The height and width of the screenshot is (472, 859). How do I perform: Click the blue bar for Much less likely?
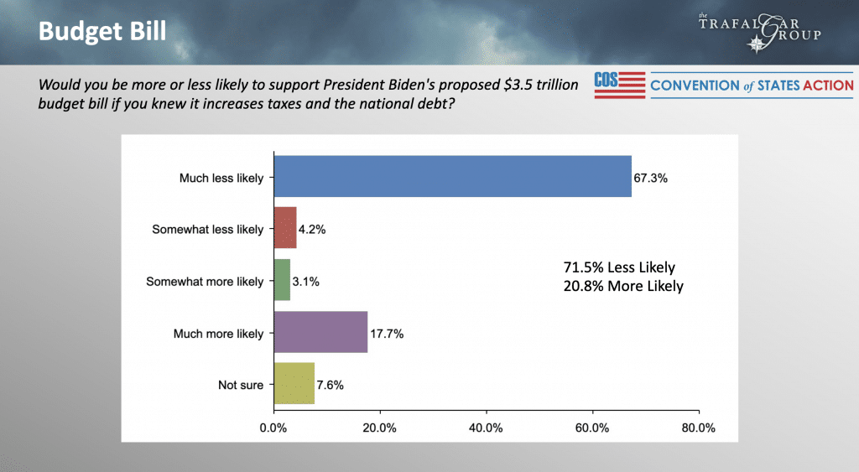pos(452,177)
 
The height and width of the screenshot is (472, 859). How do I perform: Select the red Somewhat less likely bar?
pos(285,229)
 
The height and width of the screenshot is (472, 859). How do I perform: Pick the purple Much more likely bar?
pos(320,333)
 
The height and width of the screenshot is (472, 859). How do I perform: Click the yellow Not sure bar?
pos(294,385)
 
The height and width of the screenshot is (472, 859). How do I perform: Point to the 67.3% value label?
pos(651,178)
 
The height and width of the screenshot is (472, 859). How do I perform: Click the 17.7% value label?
pos(387,334)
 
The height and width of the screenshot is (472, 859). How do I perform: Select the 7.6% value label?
pos(331,386)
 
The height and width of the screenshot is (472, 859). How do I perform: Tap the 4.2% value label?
pos(313,230)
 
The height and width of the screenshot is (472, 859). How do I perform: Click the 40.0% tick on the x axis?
pos(487,428)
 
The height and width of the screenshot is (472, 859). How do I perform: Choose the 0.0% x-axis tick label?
pos(274,428)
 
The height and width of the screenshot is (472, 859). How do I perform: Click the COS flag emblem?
pos(619,85)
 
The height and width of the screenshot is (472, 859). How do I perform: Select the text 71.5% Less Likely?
pos(618,267)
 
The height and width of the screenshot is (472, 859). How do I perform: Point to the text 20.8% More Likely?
pos(622,286)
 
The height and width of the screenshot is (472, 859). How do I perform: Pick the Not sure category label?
pos(242,386)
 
